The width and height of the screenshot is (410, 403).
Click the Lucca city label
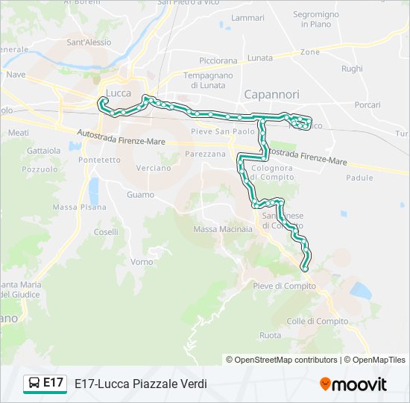click(119, 93)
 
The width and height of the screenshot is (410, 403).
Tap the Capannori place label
click(271, 95)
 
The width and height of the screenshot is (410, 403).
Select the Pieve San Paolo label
click(223, 131)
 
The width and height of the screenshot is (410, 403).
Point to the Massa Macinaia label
click(223, 229)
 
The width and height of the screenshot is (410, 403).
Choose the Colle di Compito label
click(317, 321)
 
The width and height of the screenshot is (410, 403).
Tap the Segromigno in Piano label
click(316, 19)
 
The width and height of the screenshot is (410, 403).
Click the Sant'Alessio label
click(89, 43)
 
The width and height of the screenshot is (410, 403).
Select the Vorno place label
click(142, 262)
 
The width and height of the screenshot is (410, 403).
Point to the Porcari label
click(368, 105)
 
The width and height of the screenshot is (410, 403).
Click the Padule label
click(359, 178)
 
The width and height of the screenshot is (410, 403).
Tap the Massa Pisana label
click(80, 207)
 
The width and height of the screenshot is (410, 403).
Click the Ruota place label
click(270, 335)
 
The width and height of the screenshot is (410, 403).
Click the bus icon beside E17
click(34, 384)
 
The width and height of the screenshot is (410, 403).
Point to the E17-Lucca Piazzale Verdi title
click(141, 384)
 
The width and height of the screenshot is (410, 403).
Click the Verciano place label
click(154, 168)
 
